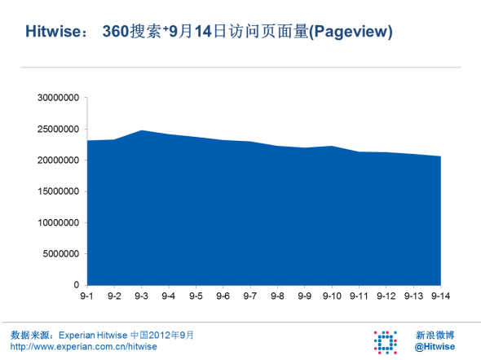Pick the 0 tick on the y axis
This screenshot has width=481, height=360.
[76, 284]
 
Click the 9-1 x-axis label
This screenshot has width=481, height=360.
[86, 296]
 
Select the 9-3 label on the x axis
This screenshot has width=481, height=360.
[141, 296]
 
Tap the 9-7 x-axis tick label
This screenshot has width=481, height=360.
[250, 296]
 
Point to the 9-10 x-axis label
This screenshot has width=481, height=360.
[332, 296]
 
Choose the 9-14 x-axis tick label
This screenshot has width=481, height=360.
[440, 296]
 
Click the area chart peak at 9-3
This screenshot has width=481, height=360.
[141, 130]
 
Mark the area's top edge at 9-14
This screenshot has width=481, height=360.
[440, 156]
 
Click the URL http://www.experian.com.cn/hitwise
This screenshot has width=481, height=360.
[83, 347]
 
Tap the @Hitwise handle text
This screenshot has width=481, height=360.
[435, 347]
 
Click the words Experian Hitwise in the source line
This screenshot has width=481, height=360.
[93, 335]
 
